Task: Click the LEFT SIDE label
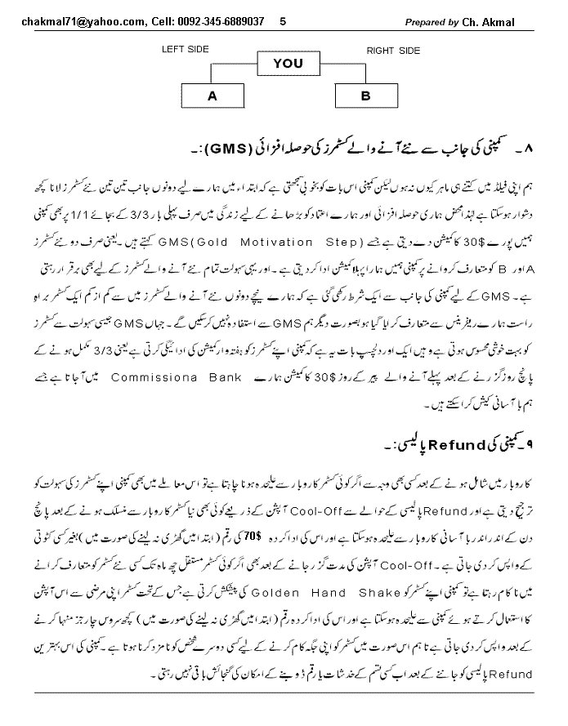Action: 186,50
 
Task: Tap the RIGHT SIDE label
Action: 393,51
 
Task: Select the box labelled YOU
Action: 287,63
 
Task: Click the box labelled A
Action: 212,96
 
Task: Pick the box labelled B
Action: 365,96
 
